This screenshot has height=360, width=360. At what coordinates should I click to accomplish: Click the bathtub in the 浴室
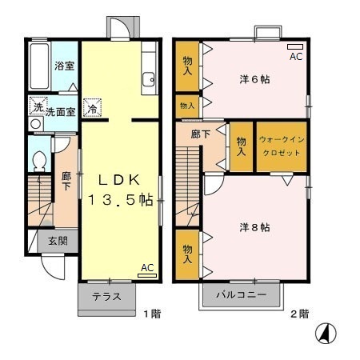click(x=39, y=66)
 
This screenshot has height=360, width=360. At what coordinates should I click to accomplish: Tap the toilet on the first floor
click(x=39, y=161)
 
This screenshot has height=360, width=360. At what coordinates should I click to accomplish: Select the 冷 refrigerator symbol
click(x=92, y=108)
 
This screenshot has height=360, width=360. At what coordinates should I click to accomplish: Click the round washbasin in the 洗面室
click(x=36, y=124)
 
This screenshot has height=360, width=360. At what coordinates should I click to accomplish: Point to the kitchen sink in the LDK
click(x=148, y=79)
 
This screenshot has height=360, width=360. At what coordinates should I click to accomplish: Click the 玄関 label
click(x=58, y=241)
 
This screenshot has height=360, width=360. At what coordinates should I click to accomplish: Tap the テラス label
click(x=106, y=297)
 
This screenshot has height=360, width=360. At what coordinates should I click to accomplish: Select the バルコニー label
click(x=242, y=294)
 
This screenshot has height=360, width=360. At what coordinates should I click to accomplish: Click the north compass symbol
click(x=326, y=333)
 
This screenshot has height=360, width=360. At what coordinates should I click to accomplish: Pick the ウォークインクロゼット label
click(x=282, y=146)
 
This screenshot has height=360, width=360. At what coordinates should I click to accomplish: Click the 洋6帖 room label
click(x=254, y=79)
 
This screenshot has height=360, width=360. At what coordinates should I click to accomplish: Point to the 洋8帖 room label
click(x=254, y=227)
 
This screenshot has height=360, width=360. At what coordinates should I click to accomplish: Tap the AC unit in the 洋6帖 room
click(x=295, y=46)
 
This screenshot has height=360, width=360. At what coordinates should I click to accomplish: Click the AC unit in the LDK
click(x=147, y=275)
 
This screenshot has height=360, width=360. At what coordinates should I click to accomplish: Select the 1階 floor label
click(x=153, y=314)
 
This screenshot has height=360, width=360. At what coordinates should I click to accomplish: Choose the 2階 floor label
click(x=299, y=314)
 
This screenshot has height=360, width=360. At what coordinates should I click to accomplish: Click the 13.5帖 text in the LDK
click(x=121, y=199)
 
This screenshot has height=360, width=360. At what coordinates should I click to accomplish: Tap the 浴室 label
click(x=64, y=66)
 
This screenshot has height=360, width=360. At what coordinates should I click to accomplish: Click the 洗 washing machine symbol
click(x=38, y=106)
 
